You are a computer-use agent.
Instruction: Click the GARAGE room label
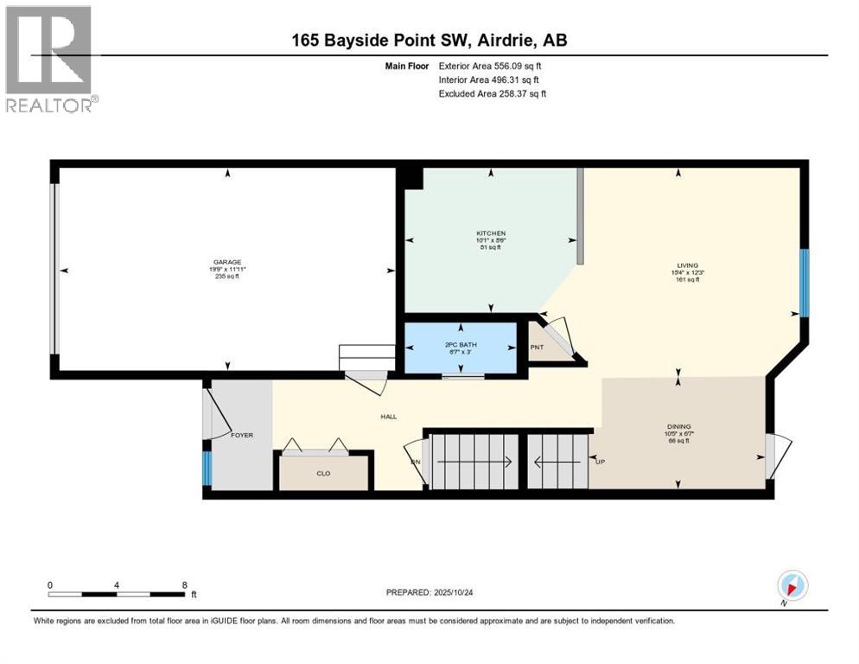pyautogui.click(x=227, y=262)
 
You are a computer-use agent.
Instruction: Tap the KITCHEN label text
pyautogui.click(x=491, y=233)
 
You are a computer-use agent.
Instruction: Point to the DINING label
pyautogui.click(x=678, y=426)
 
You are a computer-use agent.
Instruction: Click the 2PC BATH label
pyautogui.click(x=461, y=345)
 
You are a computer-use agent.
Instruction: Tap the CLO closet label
pyautogui.click(x=323, y=473)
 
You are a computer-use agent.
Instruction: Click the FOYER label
pyautogui.click(x=242, y=435)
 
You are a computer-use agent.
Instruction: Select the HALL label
pyautogui.click(x=389, y=417)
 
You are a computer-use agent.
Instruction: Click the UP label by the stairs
pyautogui.click(x=601, y=462)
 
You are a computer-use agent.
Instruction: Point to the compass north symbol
pyautogui.click(x=792, y=585)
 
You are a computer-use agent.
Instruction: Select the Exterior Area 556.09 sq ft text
pyautogui.click(x=490, y=66)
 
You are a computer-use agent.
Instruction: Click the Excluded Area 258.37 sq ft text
pyautogui.click(x=492, y=93)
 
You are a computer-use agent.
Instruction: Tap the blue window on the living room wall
pyautogui.click(x=803, y=283)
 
